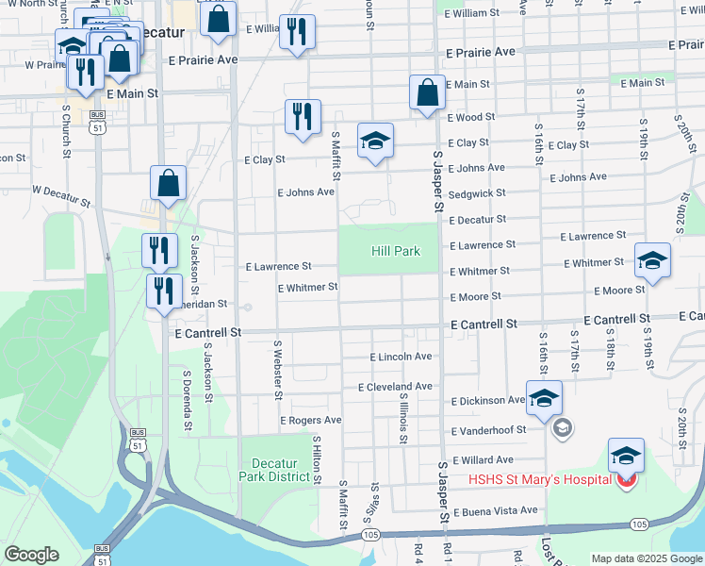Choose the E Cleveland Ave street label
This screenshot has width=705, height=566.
[395, 387]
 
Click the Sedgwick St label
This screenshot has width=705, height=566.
[477, 192]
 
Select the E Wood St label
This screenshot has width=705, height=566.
[470, 118]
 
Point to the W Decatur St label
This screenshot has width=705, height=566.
[60, 195]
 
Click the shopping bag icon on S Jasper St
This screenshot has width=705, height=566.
[427, 92]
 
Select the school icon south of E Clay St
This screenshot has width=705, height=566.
[375, 141]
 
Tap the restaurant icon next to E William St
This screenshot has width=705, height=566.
[298, 33]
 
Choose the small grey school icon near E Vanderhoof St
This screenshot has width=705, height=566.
[562, 429]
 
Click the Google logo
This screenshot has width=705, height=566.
[31, 555]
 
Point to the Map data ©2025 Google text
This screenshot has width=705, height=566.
[646, 558]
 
